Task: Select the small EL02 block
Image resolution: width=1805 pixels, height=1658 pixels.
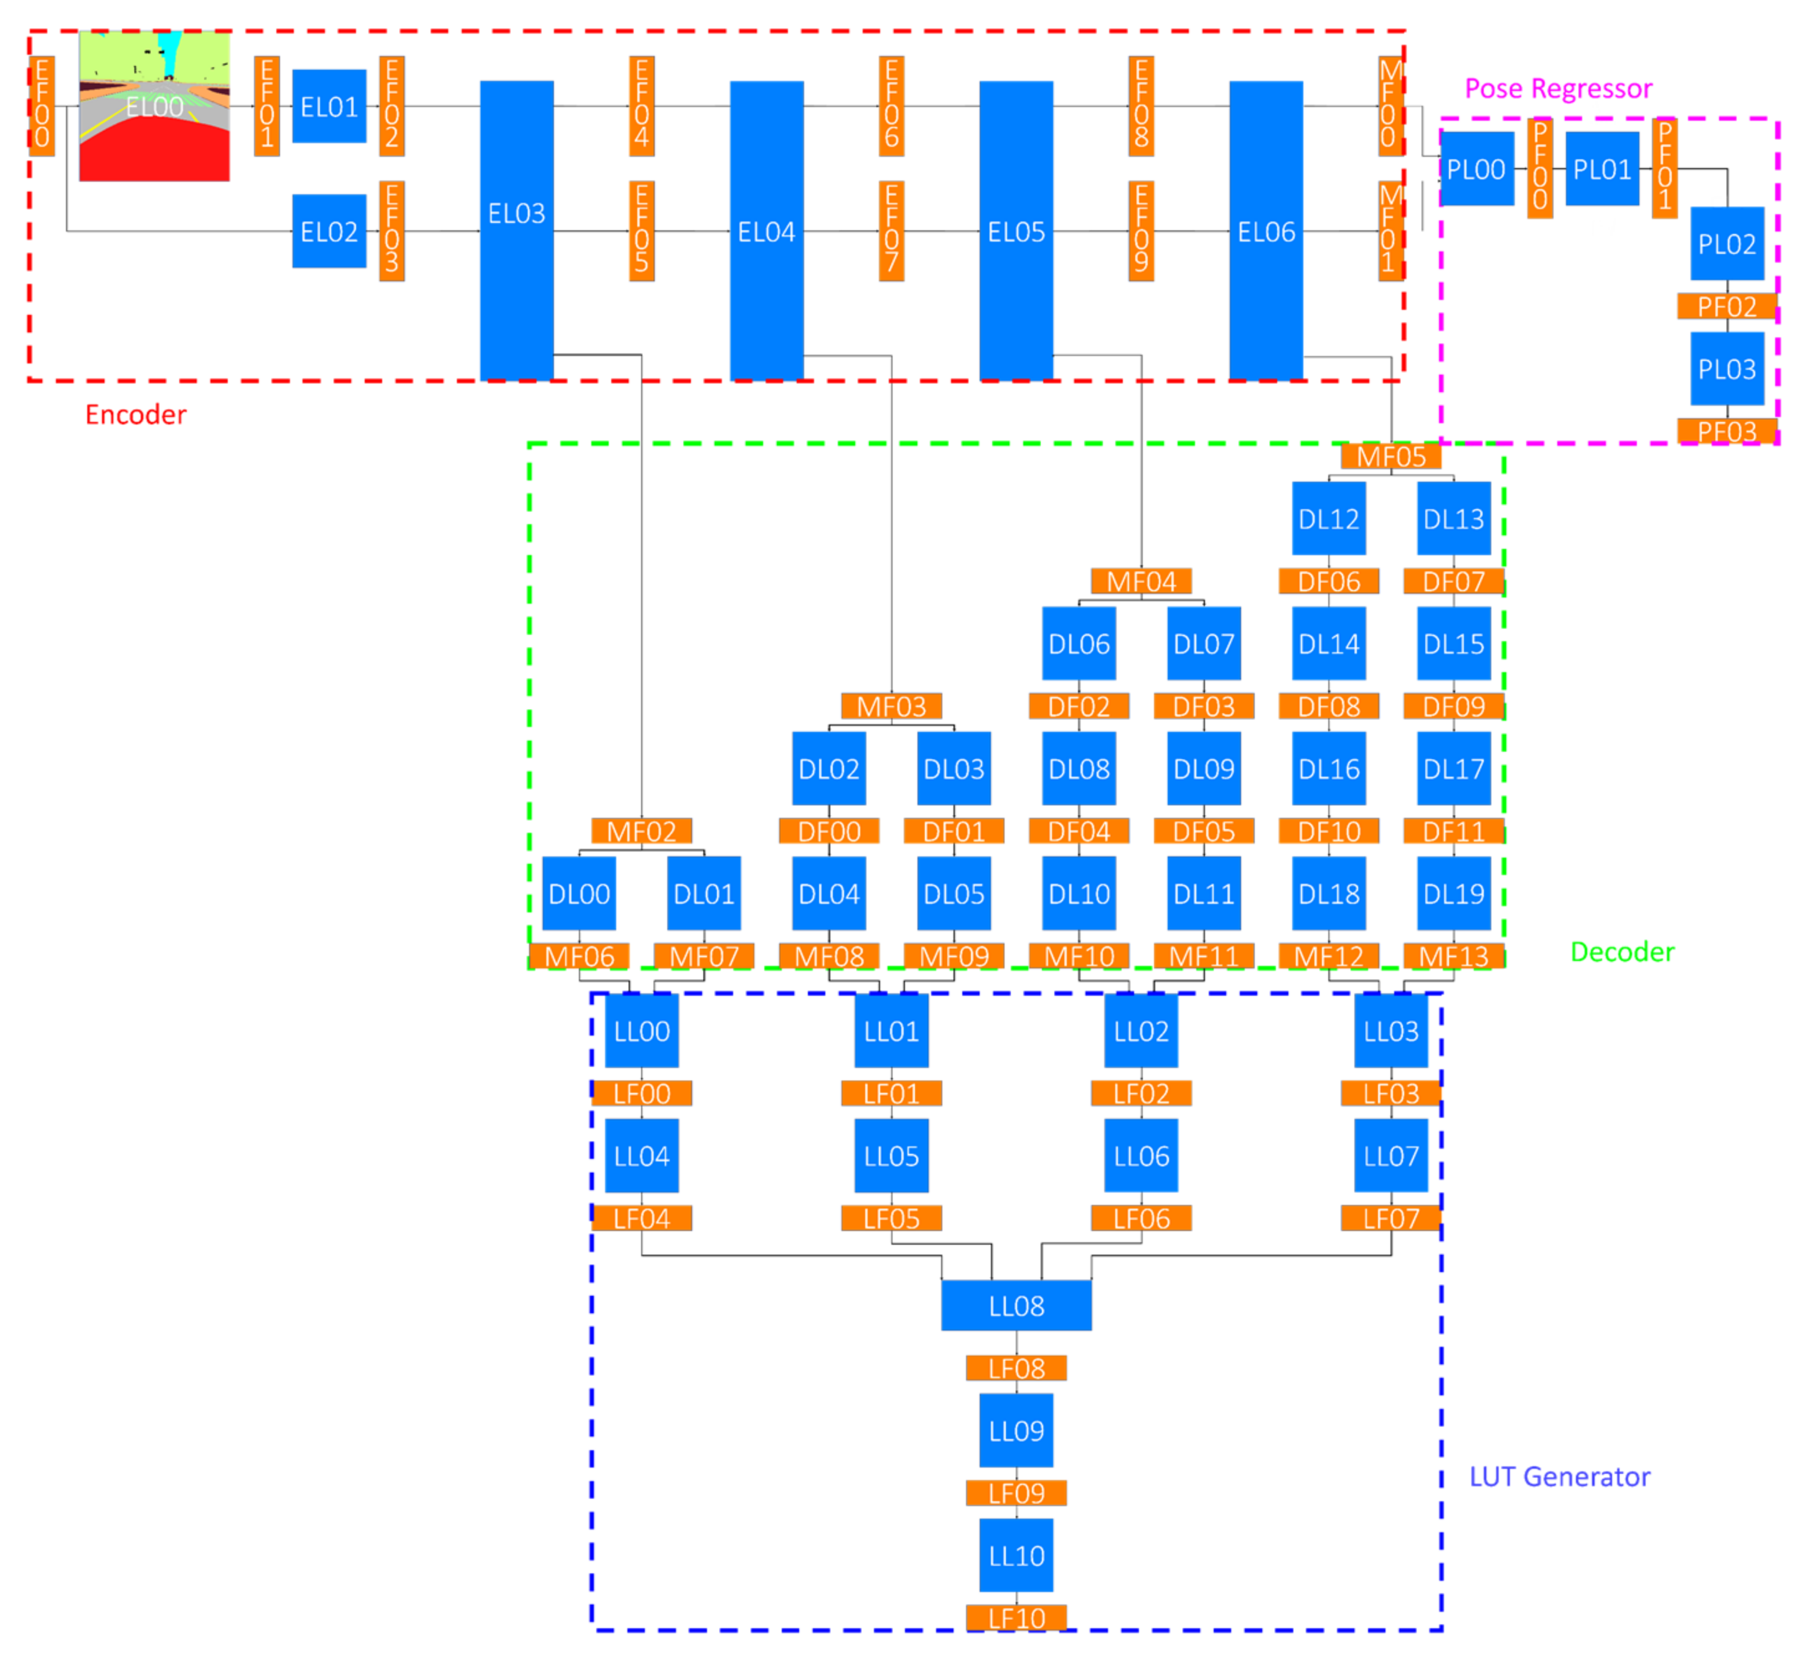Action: pos(329,232)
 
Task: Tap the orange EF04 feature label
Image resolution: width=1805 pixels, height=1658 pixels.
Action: pos(642,106)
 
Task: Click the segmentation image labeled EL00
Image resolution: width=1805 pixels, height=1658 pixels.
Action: pos(154,106)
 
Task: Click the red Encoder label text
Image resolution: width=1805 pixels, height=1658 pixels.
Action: pos(136,415)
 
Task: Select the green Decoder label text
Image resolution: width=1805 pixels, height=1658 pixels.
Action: pos(1621,952)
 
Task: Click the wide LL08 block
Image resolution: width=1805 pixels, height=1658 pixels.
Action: pos(1016,1305)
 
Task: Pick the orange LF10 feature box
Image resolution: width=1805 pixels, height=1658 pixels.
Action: pos(1016,1618)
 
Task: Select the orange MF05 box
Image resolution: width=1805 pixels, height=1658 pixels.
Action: pos(1390,457)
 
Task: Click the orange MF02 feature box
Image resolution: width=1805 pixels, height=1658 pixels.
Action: pos(642,831)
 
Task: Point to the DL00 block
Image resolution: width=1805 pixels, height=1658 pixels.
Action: pos(579,894)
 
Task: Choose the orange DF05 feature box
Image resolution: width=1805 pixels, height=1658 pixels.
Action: pos(1203,831)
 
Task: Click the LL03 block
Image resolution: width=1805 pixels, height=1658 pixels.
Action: pos(1390,1031)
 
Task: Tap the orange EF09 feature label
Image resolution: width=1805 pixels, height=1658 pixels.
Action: pos(1140,232)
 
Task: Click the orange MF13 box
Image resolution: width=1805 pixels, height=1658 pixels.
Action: pos(1453,957)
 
